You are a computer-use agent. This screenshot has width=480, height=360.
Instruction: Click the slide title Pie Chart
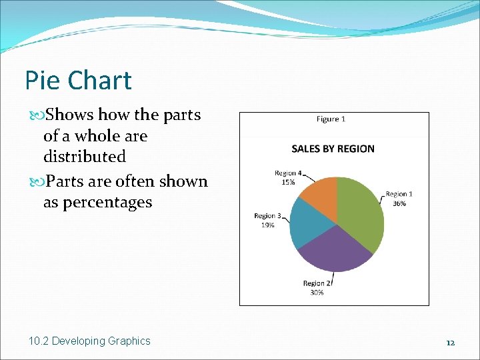point(78,81)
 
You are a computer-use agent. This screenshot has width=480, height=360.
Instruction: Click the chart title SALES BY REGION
point(333,149)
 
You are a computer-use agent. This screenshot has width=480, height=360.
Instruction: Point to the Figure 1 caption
point(331,119)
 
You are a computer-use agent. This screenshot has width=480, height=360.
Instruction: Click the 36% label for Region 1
point(399,203)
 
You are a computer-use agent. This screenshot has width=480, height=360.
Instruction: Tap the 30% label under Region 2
point(317,292)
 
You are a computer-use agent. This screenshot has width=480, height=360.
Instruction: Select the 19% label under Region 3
point(267,225)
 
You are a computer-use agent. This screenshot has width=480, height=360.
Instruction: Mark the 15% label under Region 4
point(287,182)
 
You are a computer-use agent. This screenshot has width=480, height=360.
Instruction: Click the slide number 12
point(451,342)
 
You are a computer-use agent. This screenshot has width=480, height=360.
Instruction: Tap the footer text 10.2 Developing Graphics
point(90,341)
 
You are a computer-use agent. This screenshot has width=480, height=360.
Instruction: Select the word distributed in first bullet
point(84,157)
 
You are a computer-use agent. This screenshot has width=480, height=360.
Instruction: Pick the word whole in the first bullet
point(96,136)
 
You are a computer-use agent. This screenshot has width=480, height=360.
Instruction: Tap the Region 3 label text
point(267,216)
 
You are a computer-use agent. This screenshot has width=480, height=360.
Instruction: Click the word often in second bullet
point(137,181)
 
